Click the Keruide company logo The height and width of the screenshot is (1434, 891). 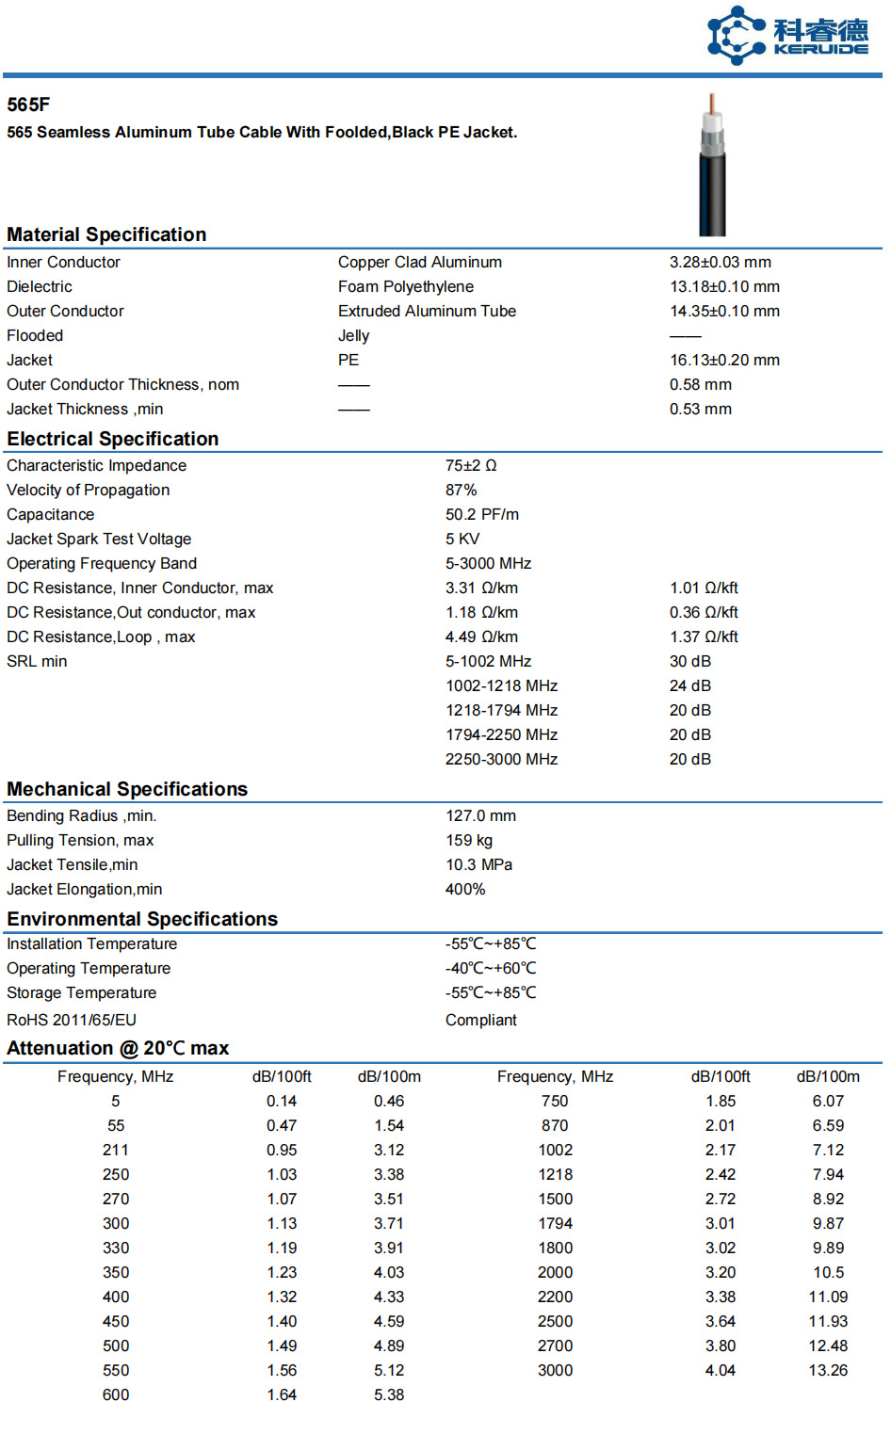(787, 36)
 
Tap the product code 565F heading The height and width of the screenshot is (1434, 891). (28, 105)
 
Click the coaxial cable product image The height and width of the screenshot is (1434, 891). (712, 165)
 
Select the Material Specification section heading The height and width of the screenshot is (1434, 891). (106, 234)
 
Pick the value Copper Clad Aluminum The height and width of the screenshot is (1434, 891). (420, 262)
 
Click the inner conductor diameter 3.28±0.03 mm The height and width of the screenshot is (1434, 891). (721, 262)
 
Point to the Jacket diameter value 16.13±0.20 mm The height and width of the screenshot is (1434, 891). (724, 360)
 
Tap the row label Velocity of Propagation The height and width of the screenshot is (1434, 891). (89, 490)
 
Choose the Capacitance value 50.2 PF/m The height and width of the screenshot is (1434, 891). (482, 514)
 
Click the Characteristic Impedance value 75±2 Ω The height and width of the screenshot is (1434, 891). (471, 465)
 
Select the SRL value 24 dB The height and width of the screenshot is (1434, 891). (690, 685)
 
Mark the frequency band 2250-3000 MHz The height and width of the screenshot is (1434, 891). (501, 759)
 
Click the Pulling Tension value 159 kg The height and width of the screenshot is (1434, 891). (469, 840)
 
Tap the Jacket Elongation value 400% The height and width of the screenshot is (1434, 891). (465, 889)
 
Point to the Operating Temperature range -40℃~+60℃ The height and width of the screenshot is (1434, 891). (491, 968)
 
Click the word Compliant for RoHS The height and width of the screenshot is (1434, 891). (481, 1020)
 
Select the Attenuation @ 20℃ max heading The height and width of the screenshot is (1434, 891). (118, 1048)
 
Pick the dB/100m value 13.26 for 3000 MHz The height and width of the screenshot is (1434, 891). (828, 1370)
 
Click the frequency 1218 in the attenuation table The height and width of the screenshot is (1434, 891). (555, 1174)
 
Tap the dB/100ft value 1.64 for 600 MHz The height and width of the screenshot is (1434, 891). (282, 1394)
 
